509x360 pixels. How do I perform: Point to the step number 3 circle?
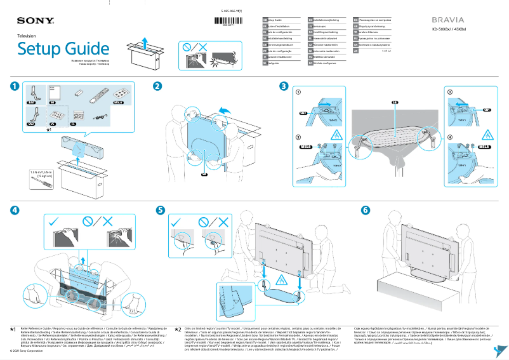pos(284,86)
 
